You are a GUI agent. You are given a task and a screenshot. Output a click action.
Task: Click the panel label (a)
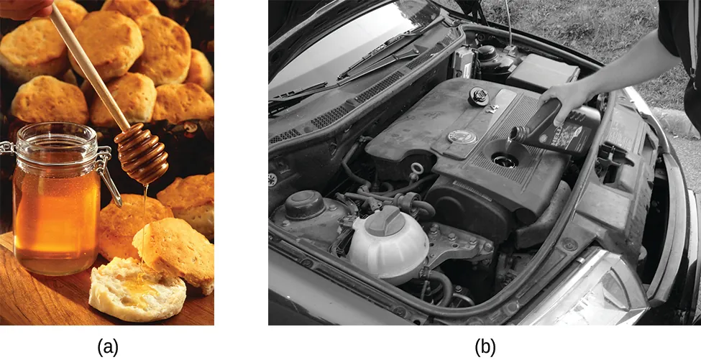pos(108,347)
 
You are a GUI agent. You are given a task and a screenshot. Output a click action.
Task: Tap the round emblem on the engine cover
pos(459,136)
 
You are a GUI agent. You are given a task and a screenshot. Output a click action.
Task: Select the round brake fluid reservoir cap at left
pos(306,202)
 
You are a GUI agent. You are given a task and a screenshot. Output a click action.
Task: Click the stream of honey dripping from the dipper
pos(145,216)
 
